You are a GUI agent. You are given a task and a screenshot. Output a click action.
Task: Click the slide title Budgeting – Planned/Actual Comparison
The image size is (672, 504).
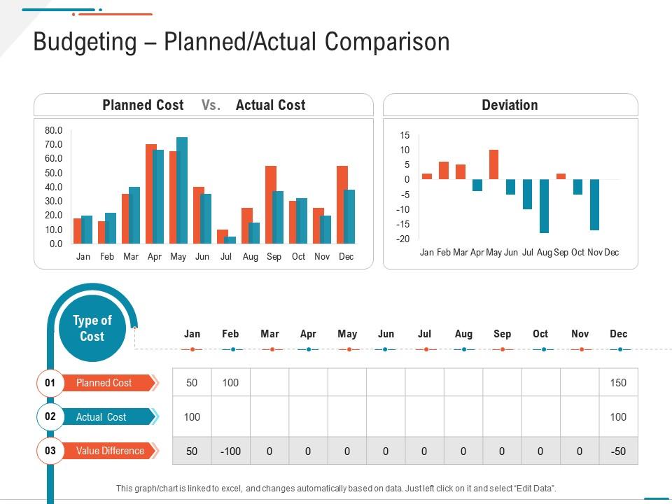point(241,42)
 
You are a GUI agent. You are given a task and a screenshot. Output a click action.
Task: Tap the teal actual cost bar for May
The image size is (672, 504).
point(182,190)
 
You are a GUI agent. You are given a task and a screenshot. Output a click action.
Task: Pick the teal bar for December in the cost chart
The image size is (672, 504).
point(349,216)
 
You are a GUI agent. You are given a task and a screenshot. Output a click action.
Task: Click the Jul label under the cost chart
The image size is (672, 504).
point(226,257)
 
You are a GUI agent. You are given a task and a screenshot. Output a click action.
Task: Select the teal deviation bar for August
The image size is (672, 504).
point(545,206)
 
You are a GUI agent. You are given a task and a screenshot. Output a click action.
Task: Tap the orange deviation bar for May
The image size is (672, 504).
point(493,164)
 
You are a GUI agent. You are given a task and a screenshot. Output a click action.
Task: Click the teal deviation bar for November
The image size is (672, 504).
point(594,204)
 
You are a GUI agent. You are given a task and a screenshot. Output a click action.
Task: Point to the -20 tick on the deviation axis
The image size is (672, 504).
point(402,239)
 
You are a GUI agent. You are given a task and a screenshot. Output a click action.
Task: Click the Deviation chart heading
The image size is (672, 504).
point(510,105)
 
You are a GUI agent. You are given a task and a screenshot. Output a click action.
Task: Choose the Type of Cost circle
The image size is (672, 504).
point(92,328)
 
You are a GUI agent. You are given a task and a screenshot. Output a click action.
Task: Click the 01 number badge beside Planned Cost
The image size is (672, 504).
point(50,383)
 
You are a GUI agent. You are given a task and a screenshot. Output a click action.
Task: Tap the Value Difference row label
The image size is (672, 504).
point(109,451)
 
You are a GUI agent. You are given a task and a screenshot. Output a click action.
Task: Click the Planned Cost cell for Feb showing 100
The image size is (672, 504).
point(230,383)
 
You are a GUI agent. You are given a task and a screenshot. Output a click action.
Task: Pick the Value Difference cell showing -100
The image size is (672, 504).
point(230,451)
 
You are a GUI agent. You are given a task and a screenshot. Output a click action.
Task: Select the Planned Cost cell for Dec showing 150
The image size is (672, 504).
point(618,383)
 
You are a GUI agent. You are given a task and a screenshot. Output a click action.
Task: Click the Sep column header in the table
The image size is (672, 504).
point(502,334)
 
